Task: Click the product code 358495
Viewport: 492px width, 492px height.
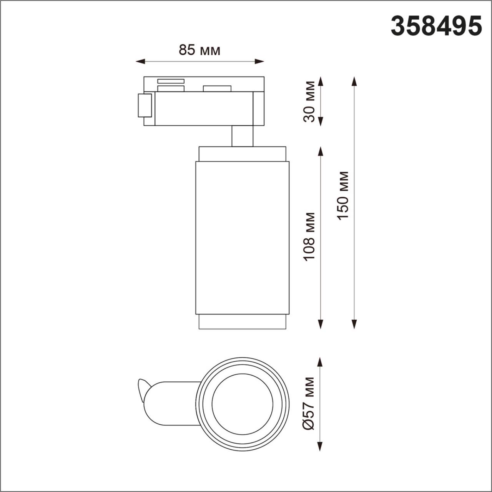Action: (x=436, y=26)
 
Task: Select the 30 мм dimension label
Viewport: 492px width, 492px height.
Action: (x=309, y=101)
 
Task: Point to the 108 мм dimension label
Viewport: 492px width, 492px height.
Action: (x=309, y=236)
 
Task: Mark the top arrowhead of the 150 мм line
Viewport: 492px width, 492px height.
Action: (x=354, y=81)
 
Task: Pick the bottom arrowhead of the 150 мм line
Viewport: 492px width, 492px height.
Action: (x=354, y=324)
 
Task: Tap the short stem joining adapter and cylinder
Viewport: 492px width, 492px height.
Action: (x=242, y=136)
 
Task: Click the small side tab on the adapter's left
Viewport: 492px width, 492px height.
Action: (x=145, y=105)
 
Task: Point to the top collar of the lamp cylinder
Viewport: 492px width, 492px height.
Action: (x=242, y=154)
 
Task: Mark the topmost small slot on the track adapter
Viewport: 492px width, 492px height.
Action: (x=171, y=81)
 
